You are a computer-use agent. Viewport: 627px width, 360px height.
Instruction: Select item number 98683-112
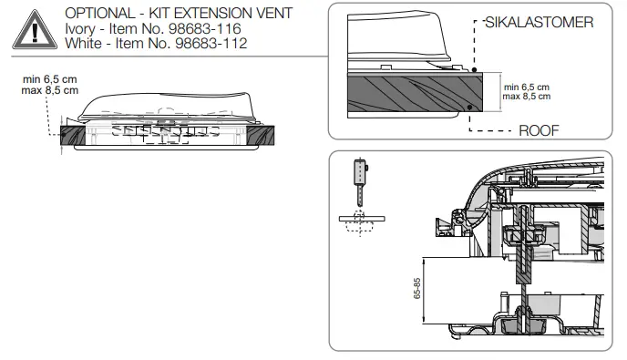tap(202, 43)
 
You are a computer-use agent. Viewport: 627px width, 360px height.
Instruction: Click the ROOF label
tap(538, 130)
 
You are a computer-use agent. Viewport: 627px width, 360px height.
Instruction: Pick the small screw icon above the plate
tap(362, 178)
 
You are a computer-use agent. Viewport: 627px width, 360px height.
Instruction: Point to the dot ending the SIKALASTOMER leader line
tap(475, 71)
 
